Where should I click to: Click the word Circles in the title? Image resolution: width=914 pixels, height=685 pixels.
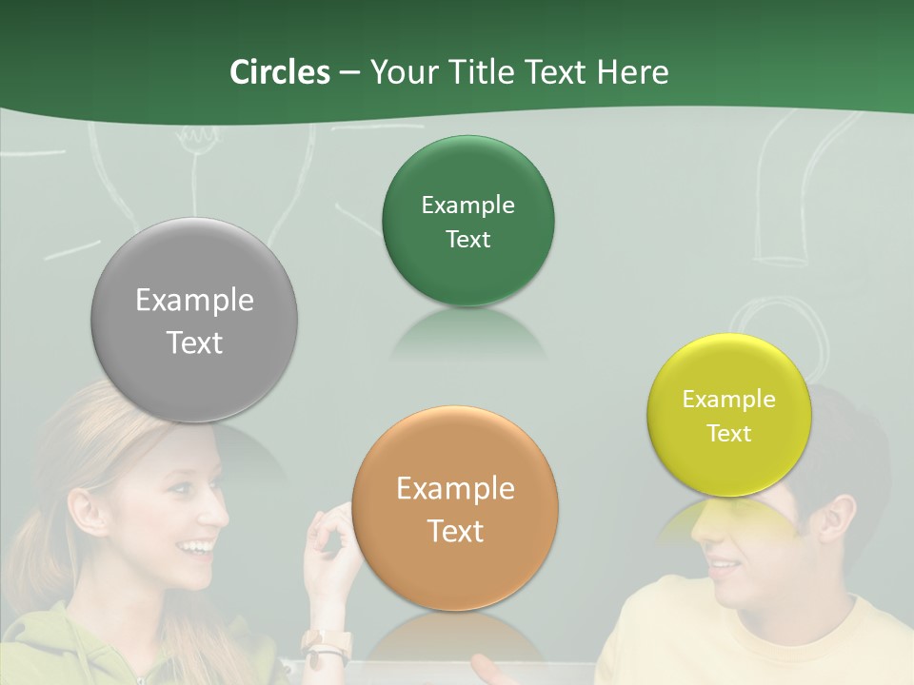coord(279,71)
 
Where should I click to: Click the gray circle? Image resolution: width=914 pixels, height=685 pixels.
coord(194,321)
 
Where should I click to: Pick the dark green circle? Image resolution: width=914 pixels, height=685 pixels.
coord(467,221)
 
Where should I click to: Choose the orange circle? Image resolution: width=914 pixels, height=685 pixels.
coord(455,509)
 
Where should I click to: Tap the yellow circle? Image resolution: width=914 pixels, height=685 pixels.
coord(728,416)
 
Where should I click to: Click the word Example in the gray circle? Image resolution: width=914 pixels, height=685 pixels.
coord(194,301)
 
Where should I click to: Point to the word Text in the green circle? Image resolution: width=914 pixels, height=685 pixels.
coord(467,240)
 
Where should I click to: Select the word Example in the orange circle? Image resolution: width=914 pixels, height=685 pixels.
coord(455,489)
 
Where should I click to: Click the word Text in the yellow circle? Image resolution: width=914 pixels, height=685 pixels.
coord(728,434)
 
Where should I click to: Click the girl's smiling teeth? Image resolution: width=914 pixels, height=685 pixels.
coord(199,547)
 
